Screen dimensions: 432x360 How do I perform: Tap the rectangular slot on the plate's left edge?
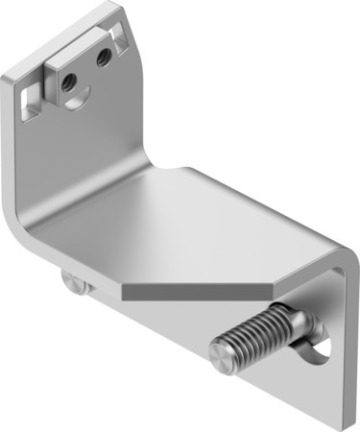click(x=32, y=98)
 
